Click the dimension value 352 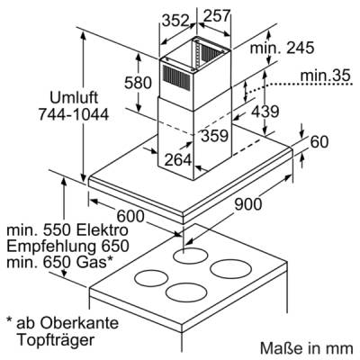(x=175, y=21)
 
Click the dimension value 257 (x=216, y=16)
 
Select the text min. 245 (x=283, y=48)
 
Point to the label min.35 (x=326, y=76)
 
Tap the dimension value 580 (x=138, y=83)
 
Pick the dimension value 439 (x=265, y=112)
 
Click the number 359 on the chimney (x=215, y=136)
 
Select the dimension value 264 (x=178, y=159)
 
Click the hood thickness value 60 (x=319, y=142)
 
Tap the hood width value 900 (x=247, y=204)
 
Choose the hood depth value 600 (x=130, y=216)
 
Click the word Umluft (x=74, y=98)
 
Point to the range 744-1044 (x=74, y=114)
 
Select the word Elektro (x=103, y=230)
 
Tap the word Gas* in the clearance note (x=96, y=263)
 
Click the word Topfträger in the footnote (x=56, y=340)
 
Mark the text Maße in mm (x=307, y=348)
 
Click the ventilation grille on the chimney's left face (x=176, y=77)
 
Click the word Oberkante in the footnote (x=79, y=323)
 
